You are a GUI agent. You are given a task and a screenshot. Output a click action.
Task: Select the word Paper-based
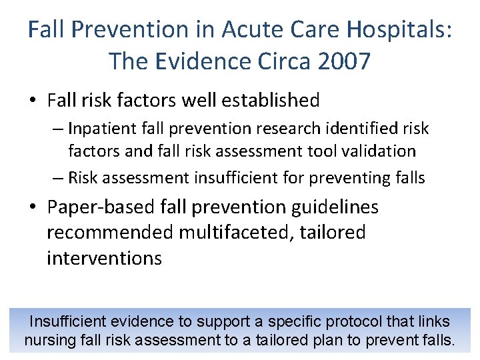(x=101, y=207)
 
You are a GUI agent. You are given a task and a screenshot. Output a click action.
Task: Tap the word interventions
(x=104, y=258)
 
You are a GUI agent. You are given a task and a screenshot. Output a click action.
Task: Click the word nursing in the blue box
(x=48, y=341)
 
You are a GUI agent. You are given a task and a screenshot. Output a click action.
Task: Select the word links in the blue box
(x=433, y=321)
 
